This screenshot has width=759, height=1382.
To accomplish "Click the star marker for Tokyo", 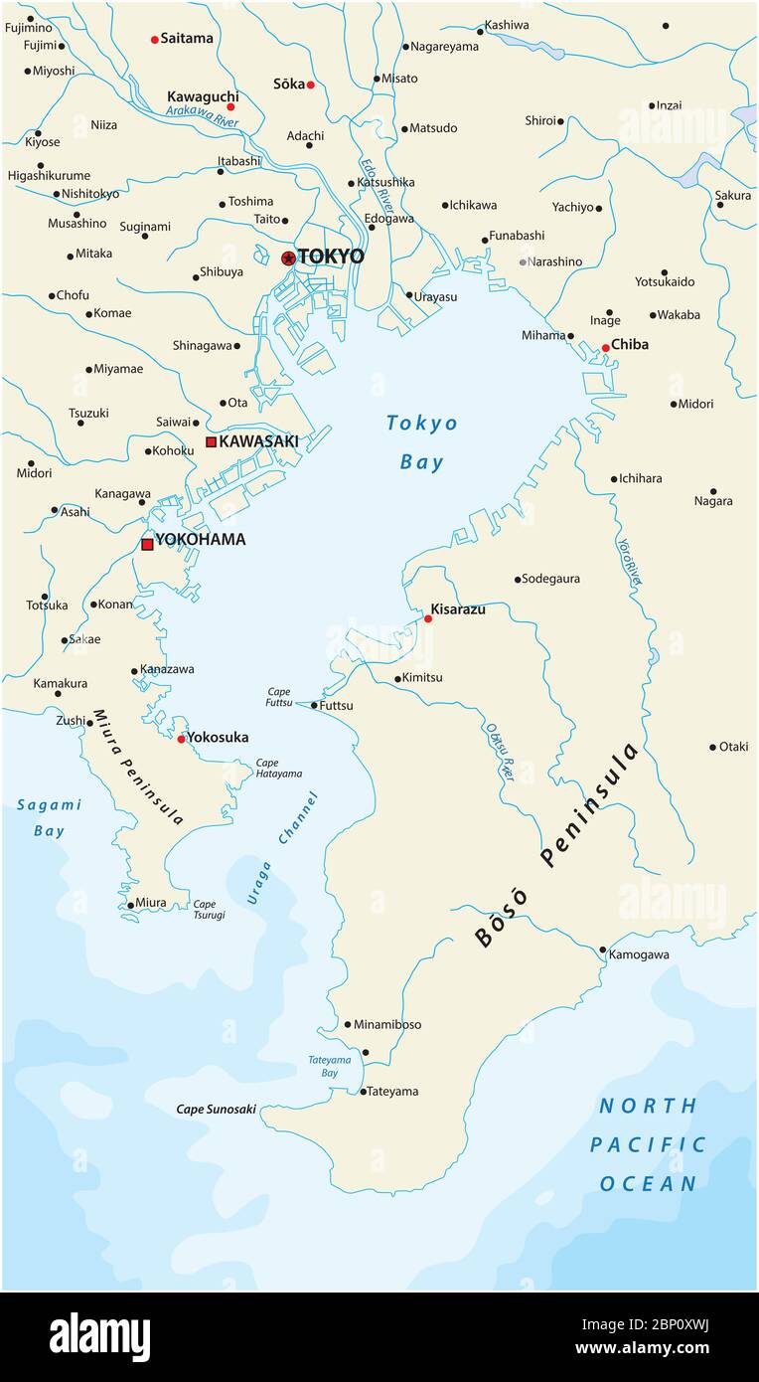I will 288,258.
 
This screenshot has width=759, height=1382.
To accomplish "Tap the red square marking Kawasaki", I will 211,441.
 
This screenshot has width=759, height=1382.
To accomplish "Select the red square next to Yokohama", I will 147,544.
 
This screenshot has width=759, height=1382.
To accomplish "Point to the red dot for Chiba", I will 605,348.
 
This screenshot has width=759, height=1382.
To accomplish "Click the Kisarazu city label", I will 458,608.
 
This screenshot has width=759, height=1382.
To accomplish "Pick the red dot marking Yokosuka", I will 181,739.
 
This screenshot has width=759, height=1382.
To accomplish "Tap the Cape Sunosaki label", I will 216,1109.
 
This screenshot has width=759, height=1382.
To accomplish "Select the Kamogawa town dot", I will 603,950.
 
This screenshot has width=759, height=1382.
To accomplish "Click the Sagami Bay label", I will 49,817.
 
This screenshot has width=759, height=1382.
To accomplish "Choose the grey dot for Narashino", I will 523,262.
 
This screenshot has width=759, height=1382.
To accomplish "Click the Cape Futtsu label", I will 278,696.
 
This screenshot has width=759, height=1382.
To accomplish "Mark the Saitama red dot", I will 154,40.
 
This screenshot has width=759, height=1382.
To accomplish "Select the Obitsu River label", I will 500,750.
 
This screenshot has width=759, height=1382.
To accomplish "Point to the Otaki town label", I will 733,747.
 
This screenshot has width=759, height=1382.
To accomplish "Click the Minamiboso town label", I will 387,1024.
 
